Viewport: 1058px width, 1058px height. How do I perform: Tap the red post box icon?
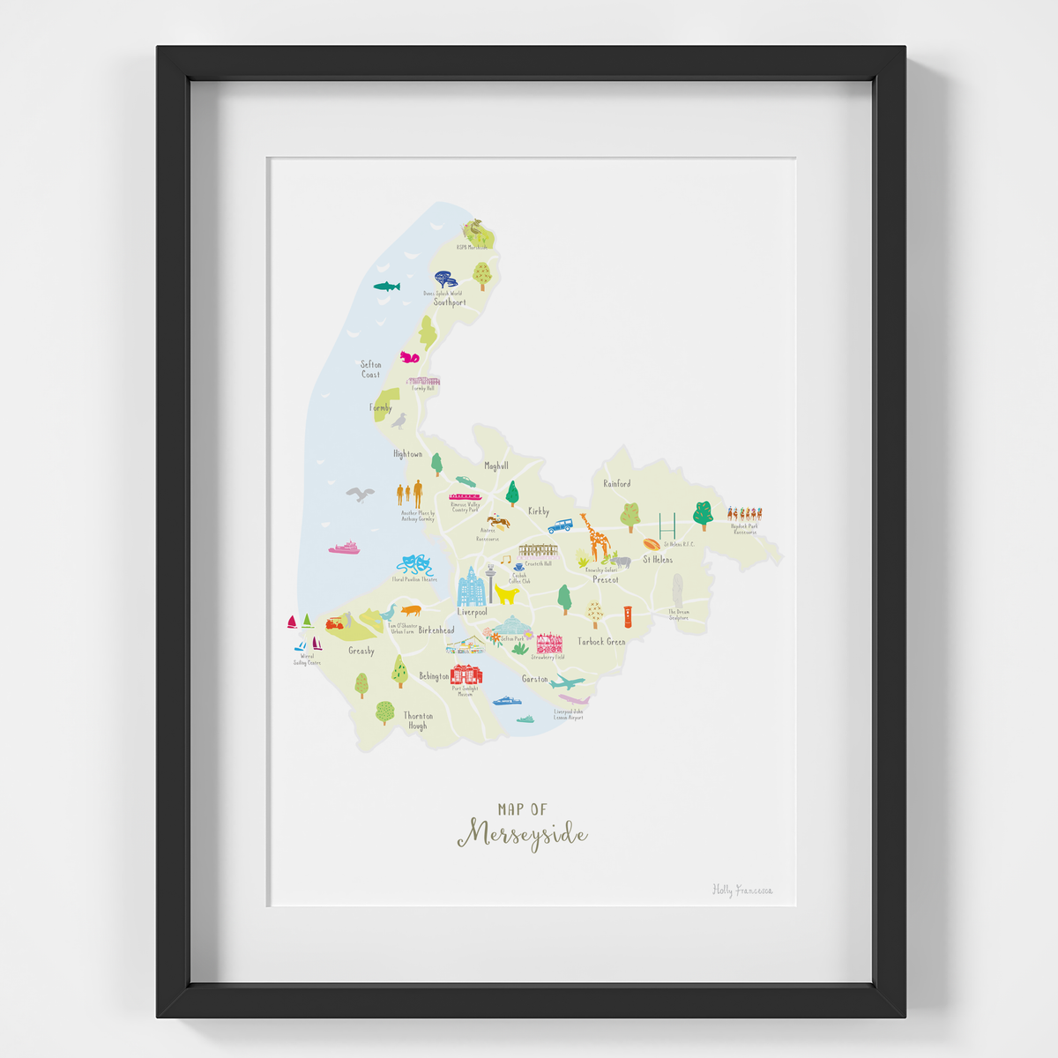click(x=628, y=616)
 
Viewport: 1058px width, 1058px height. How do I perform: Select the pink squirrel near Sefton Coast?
click(x=409, y=357)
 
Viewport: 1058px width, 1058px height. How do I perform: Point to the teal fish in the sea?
click(x=386, y=287)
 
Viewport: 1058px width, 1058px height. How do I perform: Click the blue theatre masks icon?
click(x=414, y=565)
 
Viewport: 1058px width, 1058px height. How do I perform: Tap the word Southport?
click(x=450, y=302)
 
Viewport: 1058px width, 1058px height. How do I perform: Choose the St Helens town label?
click(x=657, y=560)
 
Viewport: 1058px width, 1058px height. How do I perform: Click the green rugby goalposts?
click(x=667, y=525)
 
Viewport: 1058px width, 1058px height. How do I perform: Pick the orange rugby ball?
click(x=652, y=544)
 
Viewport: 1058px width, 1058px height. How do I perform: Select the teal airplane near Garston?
click(x=565, y=682)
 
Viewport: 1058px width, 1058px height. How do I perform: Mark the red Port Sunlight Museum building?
click(x=466, y=674)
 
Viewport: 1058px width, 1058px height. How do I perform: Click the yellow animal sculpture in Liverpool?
click(x=506, y=594)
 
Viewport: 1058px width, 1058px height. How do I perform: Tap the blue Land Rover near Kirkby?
click(x=560, y=526)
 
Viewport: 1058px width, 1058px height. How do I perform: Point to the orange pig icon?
click(x=410, y=609)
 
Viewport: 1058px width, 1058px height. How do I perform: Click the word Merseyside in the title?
click(x=522, y=834)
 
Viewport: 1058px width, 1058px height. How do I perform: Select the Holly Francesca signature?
click(x=742, y=890)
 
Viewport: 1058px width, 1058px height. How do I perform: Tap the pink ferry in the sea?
click(x=345, y=548)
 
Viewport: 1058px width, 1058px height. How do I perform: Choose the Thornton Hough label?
click(x=418, y=720)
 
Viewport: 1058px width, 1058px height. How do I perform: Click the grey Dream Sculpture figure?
click(x=677, y=590)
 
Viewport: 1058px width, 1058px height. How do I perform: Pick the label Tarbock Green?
click(x=601, y=642)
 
